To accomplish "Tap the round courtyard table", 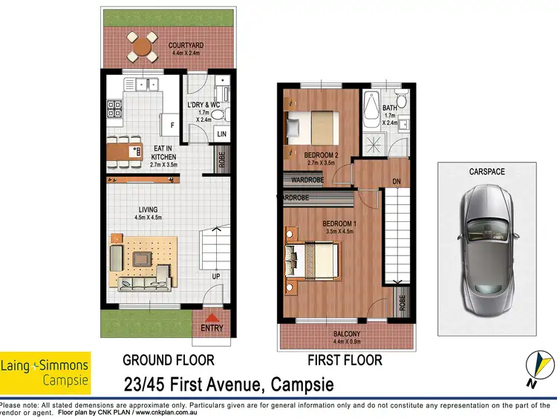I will click(141, 47).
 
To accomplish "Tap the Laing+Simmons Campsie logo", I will click(45, 372).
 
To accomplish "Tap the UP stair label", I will click(216, 275).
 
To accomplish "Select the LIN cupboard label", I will click(221, 134).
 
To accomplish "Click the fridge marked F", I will click(172, 126).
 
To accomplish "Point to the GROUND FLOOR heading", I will click(168, 361).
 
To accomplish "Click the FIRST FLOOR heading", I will click(345, 361).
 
